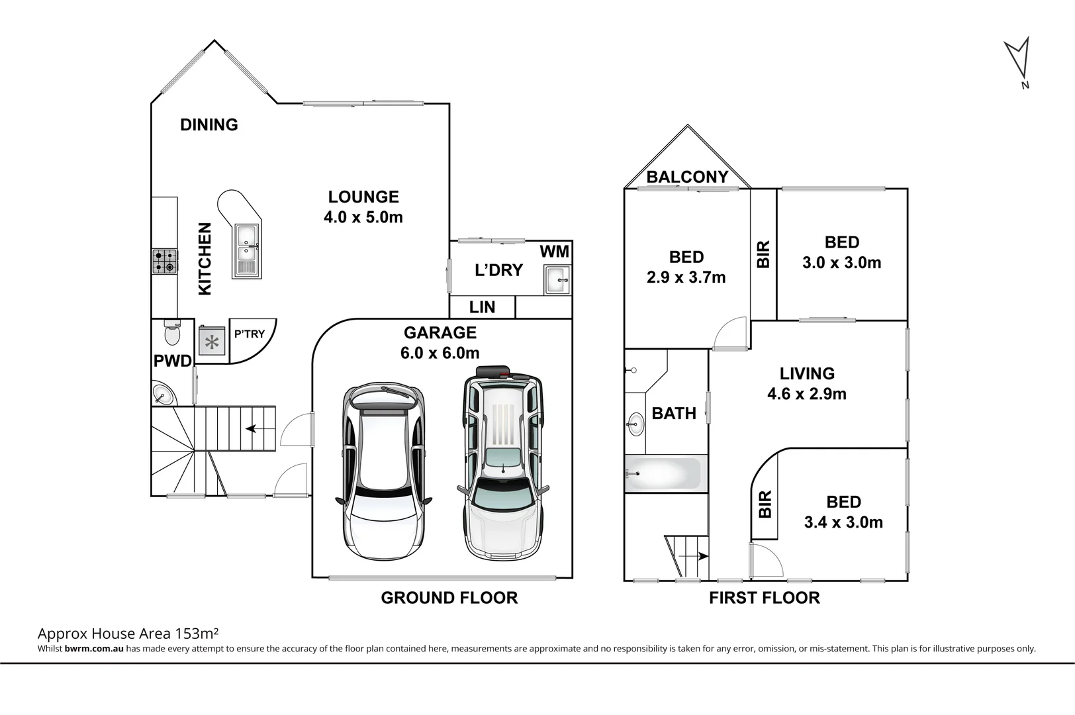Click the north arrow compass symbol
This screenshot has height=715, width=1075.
(x=1017, y=60)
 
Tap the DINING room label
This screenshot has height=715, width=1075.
(x=209, y=124)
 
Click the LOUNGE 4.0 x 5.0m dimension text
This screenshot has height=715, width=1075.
(x=363, y=217)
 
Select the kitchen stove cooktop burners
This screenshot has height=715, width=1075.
(x=165, y=262)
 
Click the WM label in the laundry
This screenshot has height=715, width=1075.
(x=554, y=252)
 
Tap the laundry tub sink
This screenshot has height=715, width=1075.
(x=557, y=279)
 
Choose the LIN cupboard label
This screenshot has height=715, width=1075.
(x=482, y=307)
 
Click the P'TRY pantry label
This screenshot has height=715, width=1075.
(x=249, y=334)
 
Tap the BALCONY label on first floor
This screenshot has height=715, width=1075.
(x=687, y=177)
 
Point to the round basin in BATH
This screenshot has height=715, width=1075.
(x=635, y=423)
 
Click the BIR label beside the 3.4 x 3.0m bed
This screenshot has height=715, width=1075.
(x=765, y=504)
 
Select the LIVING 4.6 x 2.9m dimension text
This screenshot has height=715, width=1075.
(x=806, y=394)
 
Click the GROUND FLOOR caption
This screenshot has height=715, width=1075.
(x=449, y=598)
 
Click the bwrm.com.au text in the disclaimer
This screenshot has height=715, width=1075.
(x=94, y=649)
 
